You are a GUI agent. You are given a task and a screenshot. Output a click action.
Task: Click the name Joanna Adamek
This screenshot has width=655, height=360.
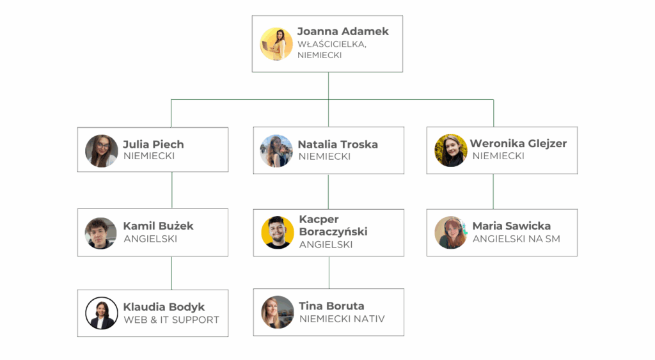pyautogui.click(x=342, y=31)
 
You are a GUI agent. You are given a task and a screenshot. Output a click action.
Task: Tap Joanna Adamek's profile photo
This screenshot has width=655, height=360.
pyautogui.click(x=276, y=44)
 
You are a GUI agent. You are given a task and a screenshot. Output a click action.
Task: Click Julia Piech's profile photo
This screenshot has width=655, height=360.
pyautogui.click(x=101, y=150)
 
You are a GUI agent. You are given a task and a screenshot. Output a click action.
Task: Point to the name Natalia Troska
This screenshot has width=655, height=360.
pyautogui.click(x=337, y=145)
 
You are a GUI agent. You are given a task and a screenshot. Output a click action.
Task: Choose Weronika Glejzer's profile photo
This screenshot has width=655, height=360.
pyautogui.click(x=451, y=150)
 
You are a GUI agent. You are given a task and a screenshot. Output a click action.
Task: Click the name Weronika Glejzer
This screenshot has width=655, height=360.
pyautogui.click(x=518, y=144)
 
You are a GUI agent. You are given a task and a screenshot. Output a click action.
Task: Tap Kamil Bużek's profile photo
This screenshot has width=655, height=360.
pyautogui.click(x=101, y=233)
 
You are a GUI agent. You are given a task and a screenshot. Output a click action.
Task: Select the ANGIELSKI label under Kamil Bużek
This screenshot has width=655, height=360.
pyautogui.click(x=150, y=239)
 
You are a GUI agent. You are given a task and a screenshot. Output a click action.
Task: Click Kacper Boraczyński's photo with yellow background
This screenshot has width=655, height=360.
pyautogui.click(x=278, y=232)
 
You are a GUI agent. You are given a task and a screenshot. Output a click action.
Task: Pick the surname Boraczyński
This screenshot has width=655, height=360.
pyautogui.click(x=333, y=231)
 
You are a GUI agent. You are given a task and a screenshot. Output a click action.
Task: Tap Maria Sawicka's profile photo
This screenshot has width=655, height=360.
pyautogui.click(x=451, y=233)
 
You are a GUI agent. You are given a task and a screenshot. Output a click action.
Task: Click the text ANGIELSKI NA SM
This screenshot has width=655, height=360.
pyautogui.click(x=516, y=239)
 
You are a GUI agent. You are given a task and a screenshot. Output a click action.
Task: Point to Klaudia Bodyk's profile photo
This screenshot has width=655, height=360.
pyautogui.click(x=102, y=313)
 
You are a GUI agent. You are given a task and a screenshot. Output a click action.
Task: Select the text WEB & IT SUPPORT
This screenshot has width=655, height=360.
pyautogui.click(x=171, y=320)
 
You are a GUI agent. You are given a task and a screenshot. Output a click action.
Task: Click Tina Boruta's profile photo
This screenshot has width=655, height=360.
pyautogui.click(x=278, y=312)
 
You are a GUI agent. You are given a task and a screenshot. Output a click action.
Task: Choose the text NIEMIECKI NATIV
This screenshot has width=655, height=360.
pyautogui.click(x=342, y=319)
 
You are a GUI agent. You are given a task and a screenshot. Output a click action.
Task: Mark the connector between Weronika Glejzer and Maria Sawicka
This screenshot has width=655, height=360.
pyautogui.click(x=493, y=191)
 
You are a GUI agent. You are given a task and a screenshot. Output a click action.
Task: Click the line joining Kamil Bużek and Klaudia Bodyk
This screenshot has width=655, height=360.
pyautogui.click(x=171, y=273)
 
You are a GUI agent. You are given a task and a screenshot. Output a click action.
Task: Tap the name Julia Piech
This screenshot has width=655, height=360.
pyautogui.click(x=154, y=144)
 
